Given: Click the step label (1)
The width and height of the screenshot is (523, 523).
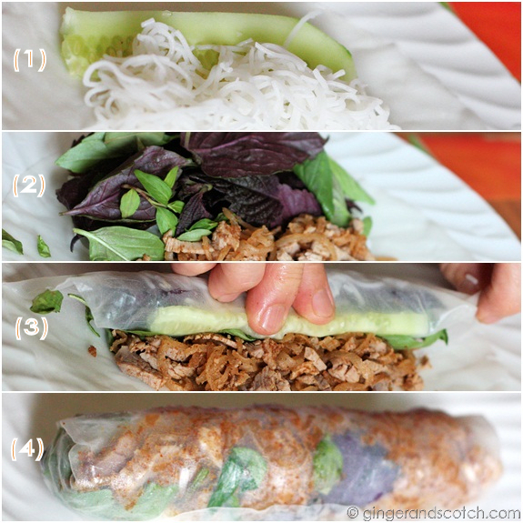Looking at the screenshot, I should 29,59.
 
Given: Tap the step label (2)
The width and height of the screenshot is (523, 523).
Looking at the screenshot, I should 29,186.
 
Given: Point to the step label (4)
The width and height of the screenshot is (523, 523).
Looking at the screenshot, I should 28,449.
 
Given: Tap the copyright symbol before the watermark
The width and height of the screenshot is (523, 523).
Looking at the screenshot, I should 353,512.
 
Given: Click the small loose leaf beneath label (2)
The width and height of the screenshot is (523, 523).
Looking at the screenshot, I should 12,242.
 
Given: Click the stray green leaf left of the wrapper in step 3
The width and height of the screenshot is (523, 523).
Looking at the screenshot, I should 47,301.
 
